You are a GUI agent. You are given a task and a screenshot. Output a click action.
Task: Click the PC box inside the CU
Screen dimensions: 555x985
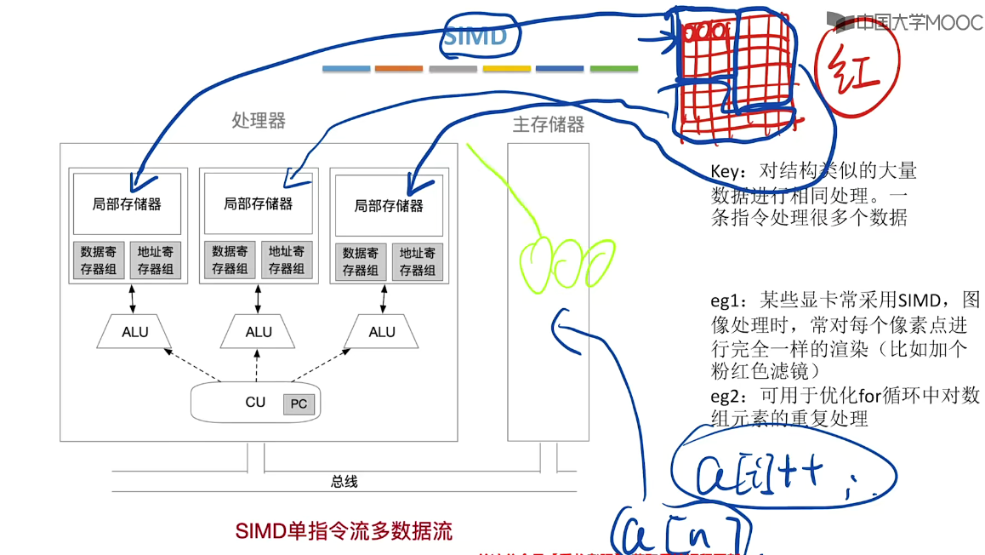pos(299,403)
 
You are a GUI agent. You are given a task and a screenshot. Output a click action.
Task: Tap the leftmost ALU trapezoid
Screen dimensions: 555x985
pos(134,332)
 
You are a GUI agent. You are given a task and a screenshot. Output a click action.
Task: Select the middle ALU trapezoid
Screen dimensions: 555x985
pos(259,332)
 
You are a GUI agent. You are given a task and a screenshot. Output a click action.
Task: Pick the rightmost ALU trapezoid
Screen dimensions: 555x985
pos(382,332)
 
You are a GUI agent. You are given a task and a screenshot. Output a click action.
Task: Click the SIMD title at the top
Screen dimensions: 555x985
pos(475,37)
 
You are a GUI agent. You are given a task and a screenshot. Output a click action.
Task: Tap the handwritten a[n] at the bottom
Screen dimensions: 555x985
pos(680,534)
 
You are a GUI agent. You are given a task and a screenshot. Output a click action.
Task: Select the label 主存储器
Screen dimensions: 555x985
pos(549,125)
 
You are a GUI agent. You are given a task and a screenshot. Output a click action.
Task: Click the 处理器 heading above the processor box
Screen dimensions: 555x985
pos(259,121)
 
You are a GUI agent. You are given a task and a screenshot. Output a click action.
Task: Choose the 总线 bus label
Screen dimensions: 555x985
pos(344,482)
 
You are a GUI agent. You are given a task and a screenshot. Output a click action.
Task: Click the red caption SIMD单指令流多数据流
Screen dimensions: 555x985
pos(344,531)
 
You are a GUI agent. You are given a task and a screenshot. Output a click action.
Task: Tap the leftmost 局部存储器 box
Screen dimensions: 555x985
pos(127,203)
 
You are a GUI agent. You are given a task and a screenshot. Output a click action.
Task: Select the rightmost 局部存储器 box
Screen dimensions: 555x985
pos(389,206)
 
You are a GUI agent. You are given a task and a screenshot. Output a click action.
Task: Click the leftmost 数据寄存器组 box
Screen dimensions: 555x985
pos(99,260)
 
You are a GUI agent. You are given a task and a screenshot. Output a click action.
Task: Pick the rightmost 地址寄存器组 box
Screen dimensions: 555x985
pos(417,261)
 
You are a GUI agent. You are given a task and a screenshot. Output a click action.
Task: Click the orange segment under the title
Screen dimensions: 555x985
pos(398,68)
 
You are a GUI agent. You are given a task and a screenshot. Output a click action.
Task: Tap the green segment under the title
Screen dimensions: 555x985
pos(613,68)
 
